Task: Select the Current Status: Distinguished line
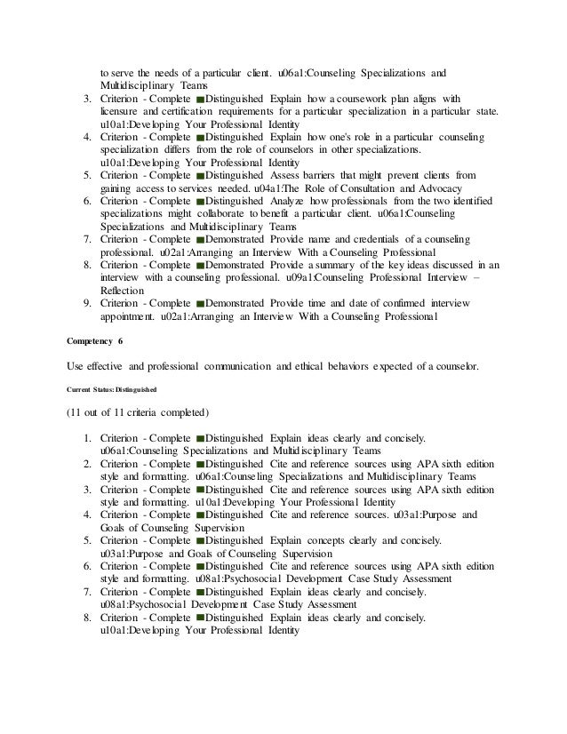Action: [x=112, y=388]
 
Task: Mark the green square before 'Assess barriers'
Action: [x=199, y=176]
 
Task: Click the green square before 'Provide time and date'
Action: [x=199, y=304]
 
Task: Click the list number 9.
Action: [x=86, y=304]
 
